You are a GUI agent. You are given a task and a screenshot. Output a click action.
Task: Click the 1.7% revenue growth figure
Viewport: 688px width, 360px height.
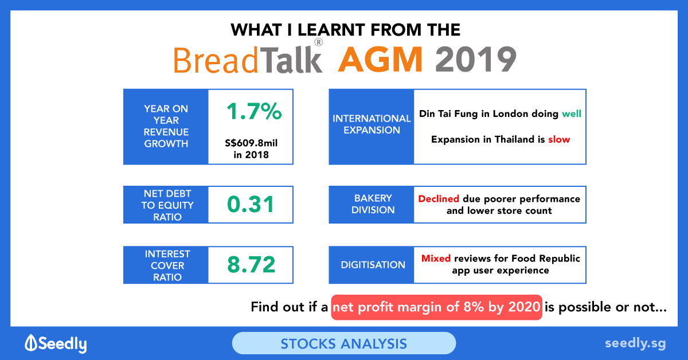pyautogui.click(x=253, y=111)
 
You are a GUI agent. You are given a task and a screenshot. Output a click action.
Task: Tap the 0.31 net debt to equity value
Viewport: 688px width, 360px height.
pyautogui.click(x=251, y=204)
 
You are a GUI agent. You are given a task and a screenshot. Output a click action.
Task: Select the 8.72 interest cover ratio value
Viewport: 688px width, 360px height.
pyautogui.click(x=251, y=264)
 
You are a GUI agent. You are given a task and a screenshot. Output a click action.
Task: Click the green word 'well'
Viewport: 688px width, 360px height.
pyautogui.click(x=571, y=114)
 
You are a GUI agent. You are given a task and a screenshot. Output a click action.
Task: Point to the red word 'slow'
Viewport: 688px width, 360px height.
pyautogui.click(x=559, y=139)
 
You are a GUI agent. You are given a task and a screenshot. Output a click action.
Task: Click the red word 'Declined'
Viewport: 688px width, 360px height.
pyautogui.click(x=439, y=199)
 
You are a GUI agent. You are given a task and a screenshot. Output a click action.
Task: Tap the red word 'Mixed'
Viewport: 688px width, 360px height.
pyautogui.click(x=436, y=259)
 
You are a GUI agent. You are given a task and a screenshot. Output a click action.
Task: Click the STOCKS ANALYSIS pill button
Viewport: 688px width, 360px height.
pyautogui.click(x=343, y=343)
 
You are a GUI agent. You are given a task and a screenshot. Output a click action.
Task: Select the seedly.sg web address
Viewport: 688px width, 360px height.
pyautogui.click(x=635, y=344)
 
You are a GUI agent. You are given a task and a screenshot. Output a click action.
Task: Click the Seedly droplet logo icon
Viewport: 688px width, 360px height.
pyautogui.click(x=31, y=343)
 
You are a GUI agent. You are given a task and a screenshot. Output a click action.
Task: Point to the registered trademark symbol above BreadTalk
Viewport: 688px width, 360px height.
pyautogui.click(x=319, y=42)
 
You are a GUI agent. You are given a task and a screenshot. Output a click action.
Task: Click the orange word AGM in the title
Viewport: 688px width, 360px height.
pyautogui.click(x=380, y=59)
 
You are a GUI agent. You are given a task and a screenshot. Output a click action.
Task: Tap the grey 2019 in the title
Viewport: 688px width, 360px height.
pyautogui.click(x=475, y=60)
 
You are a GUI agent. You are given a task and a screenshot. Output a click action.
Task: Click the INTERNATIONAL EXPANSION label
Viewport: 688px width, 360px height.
pyautogui.click(x=372, y=124)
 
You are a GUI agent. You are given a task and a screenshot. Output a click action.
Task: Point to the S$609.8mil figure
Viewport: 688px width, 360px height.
pyautogui.click(x=251, y=143)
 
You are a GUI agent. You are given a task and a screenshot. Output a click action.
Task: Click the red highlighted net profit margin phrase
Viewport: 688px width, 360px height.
pyautogui.click(x=436, y=307)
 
